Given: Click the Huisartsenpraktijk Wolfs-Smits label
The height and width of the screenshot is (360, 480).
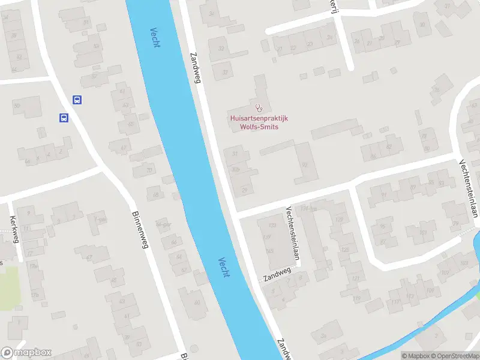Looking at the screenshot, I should (259, 122).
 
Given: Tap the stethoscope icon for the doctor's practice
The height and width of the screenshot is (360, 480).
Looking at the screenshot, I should (259, 108).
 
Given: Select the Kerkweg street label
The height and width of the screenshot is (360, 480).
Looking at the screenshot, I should (14, 230).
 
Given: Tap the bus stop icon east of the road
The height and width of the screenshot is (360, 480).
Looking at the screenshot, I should (77, 100).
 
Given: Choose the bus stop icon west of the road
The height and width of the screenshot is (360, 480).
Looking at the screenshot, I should (64, 118).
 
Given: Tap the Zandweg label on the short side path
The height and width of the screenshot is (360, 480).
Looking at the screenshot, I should (277, 275).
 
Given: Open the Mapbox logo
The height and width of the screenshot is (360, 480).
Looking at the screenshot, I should (26, 352).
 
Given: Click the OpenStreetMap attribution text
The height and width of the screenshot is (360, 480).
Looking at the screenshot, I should (454, 356).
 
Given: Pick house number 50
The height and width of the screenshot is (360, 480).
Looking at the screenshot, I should (17, 106).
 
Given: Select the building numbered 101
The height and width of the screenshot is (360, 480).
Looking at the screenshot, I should (424, 233).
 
